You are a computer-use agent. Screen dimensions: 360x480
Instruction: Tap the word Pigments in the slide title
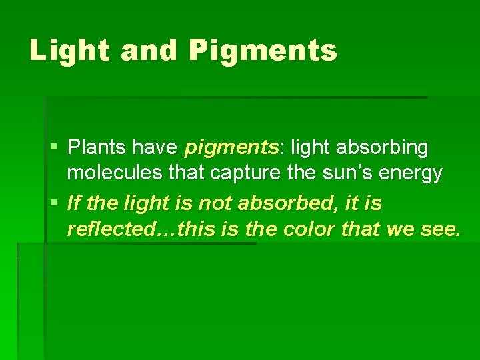click(x=263, y=51)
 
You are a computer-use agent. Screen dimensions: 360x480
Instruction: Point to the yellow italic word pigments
click(x=223, y=147)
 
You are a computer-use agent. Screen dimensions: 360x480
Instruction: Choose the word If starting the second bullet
click(x=73, y=202)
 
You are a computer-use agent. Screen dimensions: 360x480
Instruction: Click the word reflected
click(x=109, y=230)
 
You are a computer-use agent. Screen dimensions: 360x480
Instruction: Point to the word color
click(x=309, y=230)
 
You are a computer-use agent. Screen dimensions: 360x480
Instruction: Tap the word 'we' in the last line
click(x=400, y=231)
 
